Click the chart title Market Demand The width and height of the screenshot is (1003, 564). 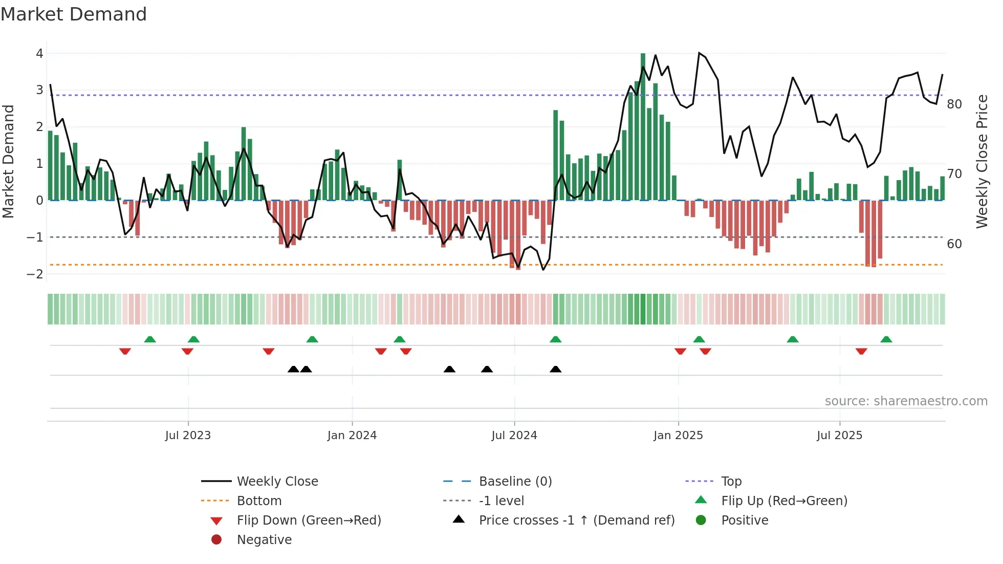point(74,14)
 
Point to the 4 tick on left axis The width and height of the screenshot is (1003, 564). point(39,53)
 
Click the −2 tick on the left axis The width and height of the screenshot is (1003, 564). point(35,274)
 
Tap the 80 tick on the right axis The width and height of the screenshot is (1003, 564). point(954,104)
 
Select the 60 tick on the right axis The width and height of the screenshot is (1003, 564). point(954,244)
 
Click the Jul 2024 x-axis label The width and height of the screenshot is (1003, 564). point(514,436)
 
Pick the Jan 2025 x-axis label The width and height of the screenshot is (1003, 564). point(678,436)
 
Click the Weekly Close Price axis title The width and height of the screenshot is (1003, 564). point(982,161)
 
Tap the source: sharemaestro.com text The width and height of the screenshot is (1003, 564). point(906,401)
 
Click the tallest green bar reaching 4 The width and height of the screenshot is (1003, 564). point(643,128)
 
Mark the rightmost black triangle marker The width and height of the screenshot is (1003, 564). point(555,369)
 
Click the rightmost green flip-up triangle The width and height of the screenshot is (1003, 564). point(886,339)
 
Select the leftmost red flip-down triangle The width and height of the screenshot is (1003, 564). point(125,351)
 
